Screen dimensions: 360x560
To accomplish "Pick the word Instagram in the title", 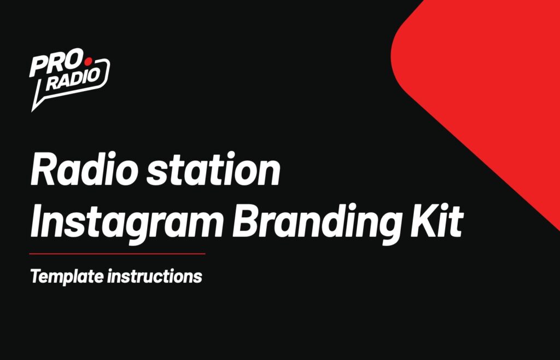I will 126,222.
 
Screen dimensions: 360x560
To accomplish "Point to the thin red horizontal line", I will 118,254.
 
